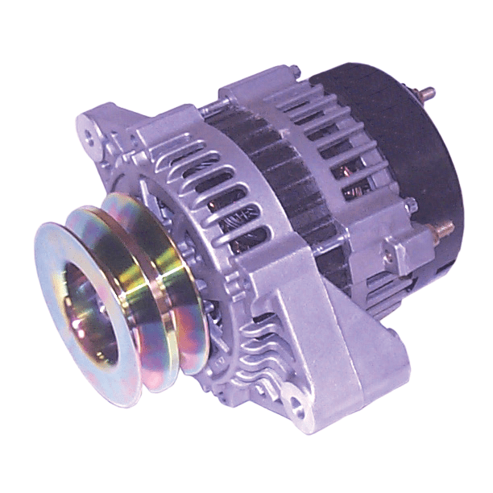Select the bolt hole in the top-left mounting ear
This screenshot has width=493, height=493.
pos(94,137)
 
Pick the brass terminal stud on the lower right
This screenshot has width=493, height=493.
pos(442,230)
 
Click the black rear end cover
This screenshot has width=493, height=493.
pos(403,153)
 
